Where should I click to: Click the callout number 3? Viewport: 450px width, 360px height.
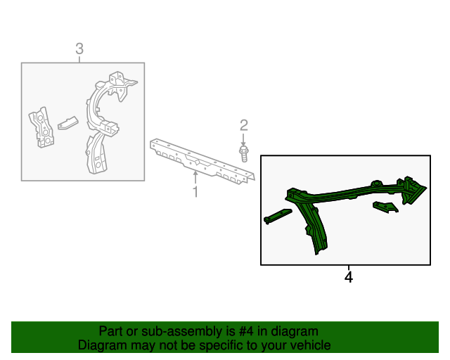point(79,49)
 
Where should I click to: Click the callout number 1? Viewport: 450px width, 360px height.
point(195,191)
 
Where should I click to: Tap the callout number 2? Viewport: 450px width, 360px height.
point(244,125)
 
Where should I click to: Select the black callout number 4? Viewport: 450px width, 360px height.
point(349,277)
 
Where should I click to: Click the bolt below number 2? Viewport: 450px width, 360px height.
point(244,154)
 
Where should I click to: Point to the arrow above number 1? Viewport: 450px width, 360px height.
point(195,177)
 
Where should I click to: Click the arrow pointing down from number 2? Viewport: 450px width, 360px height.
point(243,140)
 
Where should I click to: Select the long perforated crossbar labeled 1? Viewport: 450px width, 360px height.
point(202,161)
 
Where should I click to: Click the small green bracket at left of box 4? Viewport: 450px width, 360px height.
point(278,216)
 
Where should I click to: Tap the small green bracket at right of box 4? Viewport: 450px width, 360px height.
point(385,207)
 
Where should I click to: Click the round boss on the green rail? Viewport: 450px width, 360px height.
point(376,184)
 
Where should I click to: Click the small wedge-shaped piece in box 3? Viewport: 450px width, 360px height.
point(68,123)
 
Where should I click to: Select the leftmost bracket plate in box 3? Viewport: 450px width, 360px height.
point(42,127)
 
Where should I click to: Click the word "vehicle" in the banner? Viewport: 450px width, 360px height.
point(312,345)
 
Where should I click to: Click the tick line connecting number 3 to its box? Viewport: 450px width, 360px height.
point(79,60)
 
